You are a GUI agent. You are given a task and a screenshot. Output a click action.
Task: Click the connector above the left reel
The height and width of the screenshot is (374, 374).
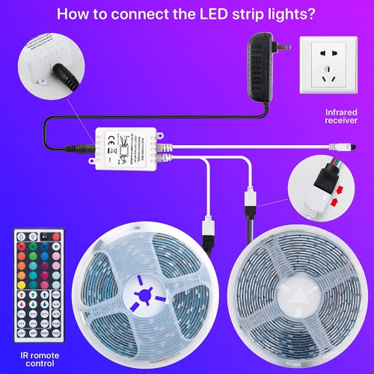coord(209,227)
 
